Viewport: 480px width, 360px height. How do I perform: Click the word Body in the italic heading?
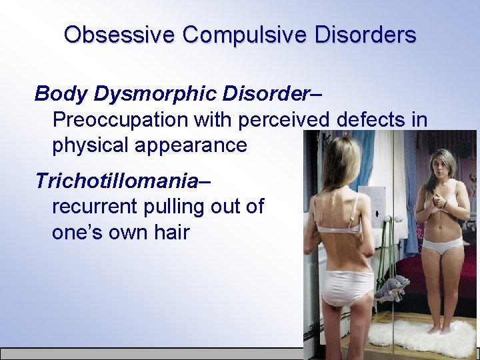[61, 94]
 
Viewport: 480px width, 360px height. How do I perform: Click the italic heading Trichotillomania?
[117, 181]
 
